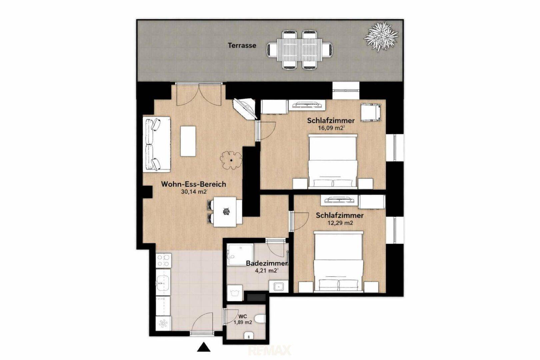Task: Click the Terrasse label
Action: click(x=242, y=45)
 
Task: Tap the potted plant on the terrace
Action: click(x=381, y=36)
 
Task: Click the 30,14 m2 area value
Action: click(x=194, y=192)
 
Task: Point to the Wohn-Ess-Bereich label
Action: click(x=194, y=184)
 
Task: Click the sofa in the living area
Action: click(x=157, y=144)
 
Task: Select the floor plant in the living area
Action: click(x=231, y=160)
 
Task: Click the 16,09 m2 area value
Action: click(x=331, y=128)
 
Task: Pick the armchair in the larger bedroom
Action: click(x=371, y=113)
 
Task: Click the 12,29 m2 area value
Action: click(x=340, y=223)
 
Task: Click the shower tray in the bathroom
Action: click(x=241, y=254)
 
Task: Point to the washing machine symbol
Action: click(x=235, y=293)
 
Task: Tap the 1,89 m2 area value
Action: click(x=243, y=322)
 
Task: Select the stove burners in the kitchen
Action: click(x=163, y=260)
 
